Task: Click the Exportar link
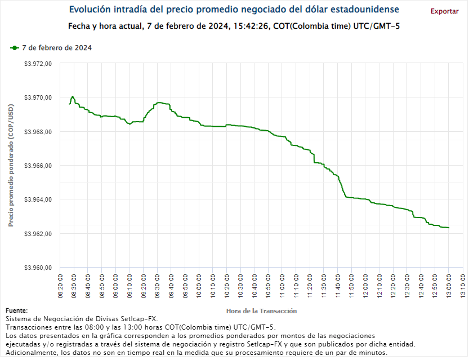tap(444, 11)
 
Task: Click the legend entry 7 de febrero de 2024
tap(56, 48)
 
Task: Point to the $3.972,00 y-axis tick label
tap(38, 64)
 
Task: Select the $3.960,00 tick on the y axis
tap(38, 268)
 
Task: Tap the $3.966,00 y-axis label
tap(38, 166)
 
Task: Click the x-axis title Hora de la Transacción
tap(261, 311)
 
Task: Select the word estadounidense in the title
tap(365, 10)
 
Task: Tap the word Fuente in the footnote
tap(16, 310)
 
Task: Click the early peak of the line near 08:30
tap(73, 96)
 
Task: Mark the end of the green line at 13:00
tap(448, 228)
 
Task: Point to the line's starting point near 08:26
tap(69, 104)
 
